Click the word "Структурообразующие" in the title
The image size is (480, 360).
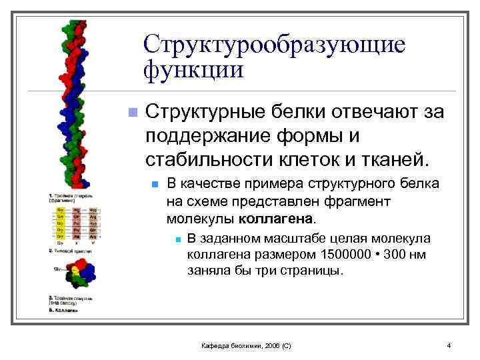pyautogui.click(x=274, y=45)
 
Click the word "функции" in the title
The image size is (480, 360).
pyautogui.click(x=193, y=69)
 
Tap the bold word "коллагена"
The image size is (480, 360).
pyautogui.click(x=282, y=219)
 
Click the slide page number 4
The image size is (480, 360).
pyautogui.click(x=449, y=345)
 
